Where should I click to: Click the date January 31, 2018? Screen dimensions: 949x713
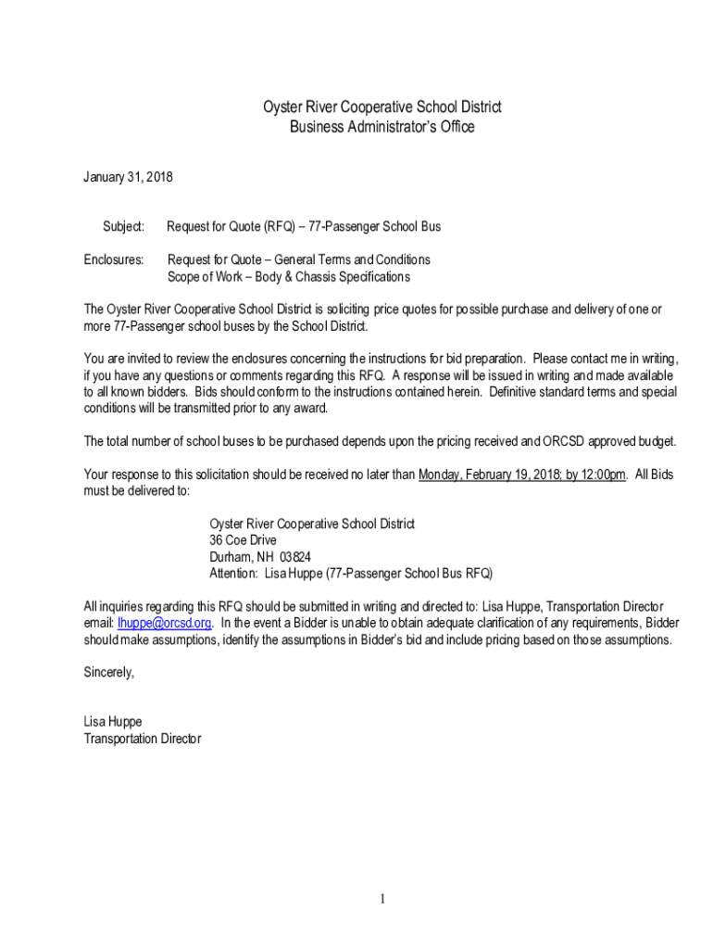click(x=128, y=176)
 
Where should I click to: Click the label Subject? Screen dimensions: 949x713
click(x=123, y=226)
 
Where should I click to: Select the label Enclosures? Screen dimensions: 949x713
click(x=114, y=259)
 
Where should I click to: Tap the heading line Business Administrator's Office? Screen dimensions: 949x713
click(x=382, y=127)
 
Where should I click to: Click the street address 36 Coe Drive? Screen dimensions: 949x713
click(x=243, y=540)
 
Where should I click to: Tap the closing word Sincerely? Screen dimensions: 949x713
click(x=108, y=673)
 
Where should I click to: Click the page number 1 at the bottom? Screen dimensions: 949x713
click(x=381, y=899)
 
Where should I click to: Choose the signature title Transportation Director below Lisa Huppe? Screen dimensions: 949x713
click(x=142, y=739)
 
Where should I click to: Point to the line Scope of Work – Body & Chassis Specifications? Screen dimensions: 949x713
click(x=288, y=276)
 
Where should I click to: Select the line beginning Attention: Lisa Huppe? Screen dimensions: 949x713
click(x=351, y=574)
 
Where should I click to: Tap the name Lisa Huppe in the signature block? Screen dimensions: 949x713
click(x=113, y=721)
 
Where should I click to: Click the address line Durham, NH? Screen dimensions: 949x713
click(x=236, y=557)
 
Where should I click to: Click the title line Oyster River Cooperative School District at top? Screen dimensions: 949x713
click(x=382, y=108)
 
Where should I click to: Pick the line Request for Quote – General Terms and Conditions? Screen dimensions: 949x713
click(x=298, y=259)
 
